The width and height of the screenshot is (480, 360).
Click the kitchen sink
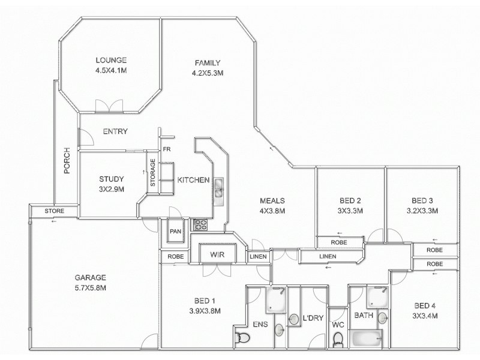click(x=219, y=188)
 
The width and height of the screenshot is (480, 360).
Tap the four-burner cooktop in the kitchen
click(x=199, y=226)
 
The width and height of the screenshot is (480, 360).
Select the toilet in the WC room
click(x=338, y=340)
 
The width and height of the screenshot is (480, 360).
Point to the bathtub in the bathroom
click(x=367, y=340)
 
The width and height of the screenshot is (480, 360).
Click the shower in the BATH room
click(x=377, y=298)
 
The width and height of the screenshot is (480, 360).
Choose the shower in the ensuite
click(x=276, y=299)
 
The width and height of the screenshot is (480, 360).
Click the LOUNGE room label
click(x=111, y=60)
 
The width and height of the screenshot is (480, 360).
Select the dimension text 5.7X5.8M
click(x=90, y=287)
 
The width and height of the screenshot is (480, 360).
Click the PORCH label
click(x=67, y=161)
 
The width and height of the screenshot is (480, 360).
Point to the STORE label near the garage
click(x=55, y=211)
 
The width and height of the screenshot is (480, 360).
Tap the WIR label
click(x=217, y=254)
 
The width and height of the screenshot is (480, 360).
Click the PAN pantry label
click(x=175, y=231)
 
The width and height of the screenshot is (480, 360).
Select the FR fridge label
click(x=167, y=149)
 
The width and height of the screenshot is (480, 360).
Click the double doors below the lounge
click(x=110, y=107)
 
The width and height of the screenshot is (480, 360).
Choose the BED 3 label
click(x=422, y=200)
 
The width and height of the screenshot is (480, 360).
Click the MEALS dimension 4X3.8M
click(x=272, y=211)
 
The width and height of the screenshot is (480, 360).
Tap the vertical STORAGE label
click(x=153, y=173)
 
